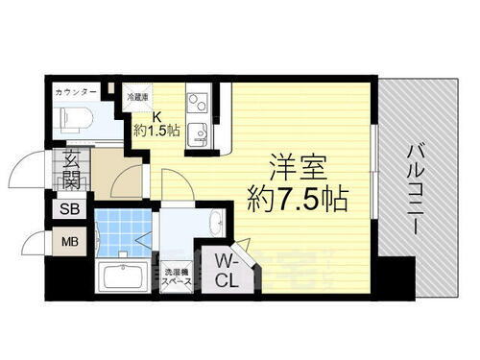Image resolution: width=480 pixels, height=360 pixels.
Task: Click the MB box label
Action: (x=70, y=243)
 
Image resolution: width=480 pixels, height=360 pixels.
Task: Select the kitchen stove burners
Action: (x=199, y=99)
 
